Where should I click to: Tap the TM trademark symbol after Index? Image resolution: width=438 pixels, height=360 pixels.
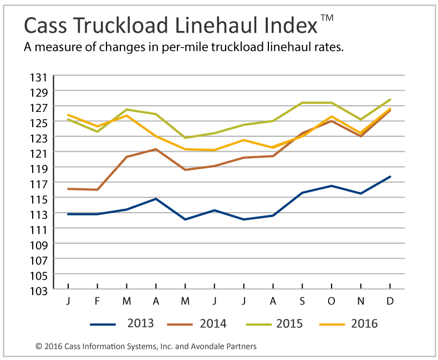point(327,18)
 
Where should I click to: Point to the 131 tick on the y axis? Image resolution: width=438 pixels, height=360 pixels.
point(45,76)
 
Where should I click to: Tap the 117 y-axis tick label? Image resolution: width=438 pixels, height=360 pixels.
point(45,183)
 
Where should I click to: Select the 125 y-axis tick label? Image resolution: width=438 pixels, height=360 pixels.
point(45,122)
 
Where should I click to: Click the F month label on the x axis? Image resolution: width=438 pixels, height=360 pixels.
point(98,301)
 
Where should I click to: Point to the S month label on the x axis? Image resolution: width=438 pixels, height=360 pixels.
point(302,301)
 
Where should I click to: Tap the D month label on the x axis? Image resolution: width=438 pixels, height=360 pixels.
point(390,301)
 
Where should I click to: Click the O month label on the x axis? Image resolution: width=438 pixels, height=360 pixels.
point(332,301)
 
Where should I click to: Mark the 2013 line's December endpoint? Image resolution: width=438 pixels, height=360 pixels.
point(390,177)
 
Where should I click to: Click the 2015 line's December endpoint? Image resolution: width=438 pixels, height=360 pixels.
point(390,100)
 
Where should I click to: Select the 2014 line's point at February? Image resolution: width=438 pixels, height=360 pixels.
point(98,189)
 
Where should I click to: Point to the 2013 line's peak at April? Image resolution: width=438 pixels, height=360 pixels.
point(156,198)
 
